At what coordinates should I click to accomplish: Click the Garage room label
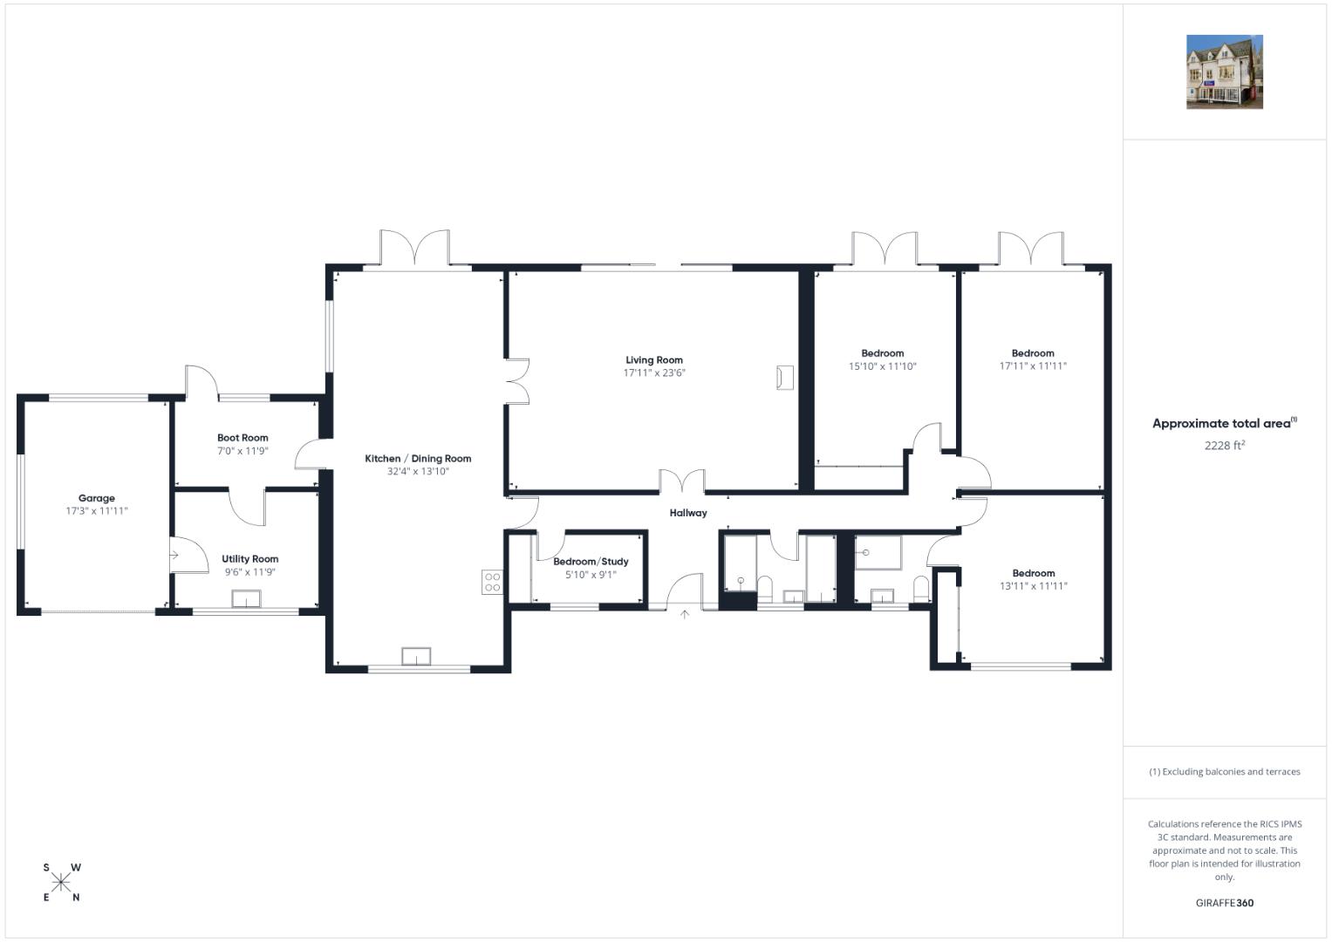96,498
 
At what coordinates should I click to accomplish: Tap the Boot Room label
242,438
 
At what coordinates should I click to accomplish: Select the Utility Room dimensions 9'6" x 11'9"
249,572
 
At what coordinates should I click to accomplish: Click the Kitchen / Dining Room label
418,459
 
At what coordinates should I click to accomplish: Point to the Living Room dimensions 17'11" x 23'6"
654,373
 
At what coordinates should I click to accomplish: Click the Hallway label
688,513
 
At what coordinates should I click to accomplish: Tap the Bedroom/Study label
591,562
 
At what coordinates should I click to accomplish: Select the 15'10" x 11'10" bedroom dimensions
883,366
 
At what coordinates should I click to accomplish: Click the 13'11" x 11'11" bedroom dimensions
1034,586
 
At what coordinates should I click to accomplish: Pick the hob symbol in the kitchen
492,583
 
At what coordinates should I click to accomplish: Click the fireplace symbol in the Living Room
785,378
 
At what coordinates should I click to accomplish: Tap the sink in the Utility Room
246,599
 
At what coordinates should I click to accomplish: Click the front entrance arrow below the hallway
685,614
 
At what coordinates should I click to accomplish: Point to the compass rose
61,883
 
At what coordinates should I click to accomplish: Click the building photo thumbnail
1225,72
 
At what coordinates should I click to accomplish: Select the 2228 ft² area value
1225,446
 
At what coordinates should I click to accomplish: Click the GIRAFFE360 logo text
1225,903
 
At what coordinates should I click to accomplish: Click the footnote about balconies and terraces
1225,772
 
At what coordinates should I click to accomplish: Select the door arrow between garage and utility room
174,555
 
